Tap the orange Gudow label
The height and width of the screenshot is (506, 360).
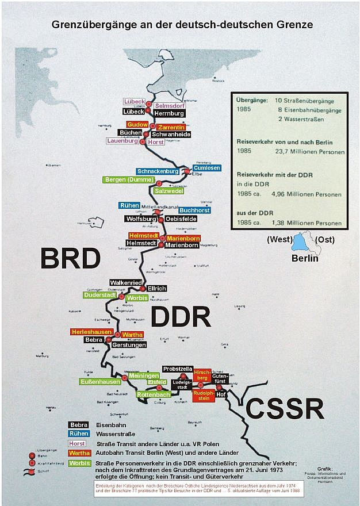click(x=138, y=125)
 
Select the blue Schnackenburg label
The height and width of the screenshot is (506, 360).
click(x=158, y=171)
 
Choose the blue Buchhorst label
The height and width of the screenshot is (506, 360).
click(x=194, y=210)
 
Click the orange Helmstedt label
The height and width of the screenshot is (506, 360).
click(x=143, y=236)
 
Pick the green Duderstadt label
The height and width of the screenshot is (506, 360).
click(x=100, y=295)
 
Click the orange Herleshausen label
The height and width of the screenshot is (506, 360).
click(x=91, y=332)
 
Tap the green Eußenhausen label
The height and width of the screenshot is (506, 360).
click(x=101, y=381)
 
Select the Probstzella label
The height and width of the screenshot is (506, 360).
click(x=178, y=368)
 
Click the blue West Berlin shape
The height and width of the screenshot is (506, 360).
click(x=300, y=243)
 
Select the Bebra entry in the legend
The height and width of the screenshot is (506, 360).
click(x=78, y=425)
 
